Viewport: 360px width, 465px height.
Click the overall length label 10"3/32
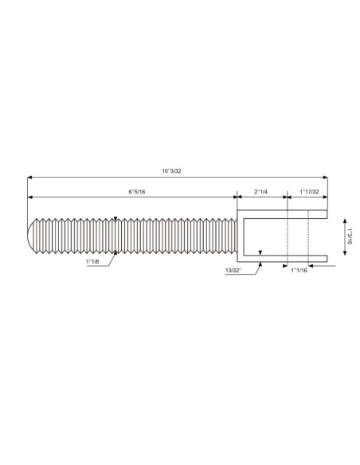171,171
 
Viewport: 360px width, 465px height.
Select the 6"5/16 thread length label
137,192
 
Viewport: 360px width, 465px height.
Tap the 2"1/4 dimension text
261,192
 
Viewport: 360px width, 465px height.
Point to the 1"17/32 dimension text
309,192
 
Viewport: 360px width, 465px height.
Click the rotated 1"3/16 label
350,236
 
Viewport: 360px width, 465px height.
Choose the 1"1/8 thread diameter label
92,261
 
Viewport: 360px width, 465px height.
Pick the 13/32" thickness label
233,270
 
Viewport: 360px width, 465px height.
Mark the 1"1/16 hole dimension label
299,270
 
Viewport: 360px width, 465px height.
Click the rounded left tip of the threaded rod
30,236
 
